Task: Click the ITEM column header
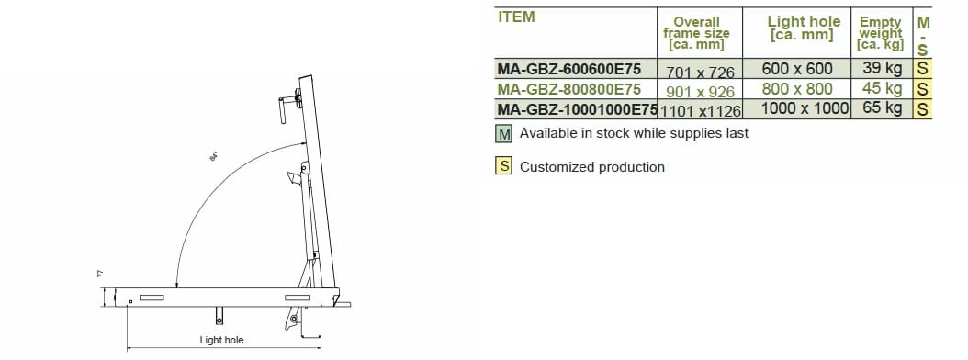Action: pyautogui.click(x=517, y=17)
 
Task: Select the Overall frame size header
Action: pyautogui.click(x=696, y=33)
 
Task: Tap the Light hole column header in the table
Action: pyautogui.click(x=804, y=28)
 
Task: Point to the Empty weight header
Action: pyautogui.click(x=881, y=33)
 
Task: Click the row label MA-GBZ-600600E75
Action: pyautogui.click(x=568, y=68)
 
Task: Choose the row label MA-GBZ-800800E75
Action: pyautogui.click(x=568, y=89)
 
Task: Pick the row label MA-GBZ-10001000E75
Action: pyautogui.click(x=577, y=109)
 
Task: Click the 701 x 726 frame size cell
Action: pyautogui.click(x=700, y=73)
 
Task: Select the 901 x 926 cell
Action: pyautogui.click(x=700, y=92)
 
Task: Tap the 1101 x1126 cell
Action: pyautogui.click(x=700, y=111)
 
